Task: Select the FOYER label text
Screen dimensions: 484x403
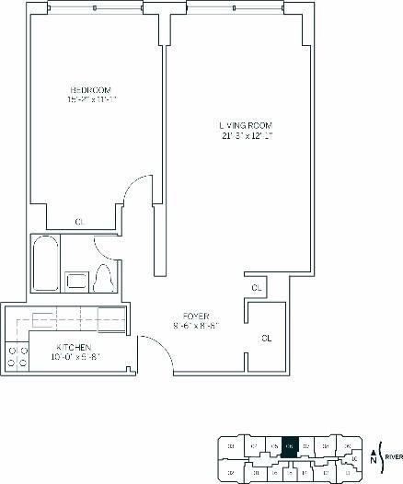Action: [x=196, y=315]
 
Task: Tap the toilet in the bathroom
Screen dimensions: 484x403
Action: [x=104, y=274]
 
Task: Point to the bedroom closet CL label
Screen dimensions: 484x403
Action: [x=81, y=221]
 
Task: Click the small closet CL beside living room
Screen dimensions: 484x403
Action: [x=258, y=288]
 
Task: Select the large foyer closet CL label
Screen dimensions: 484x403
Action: [x=267, y=339]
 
